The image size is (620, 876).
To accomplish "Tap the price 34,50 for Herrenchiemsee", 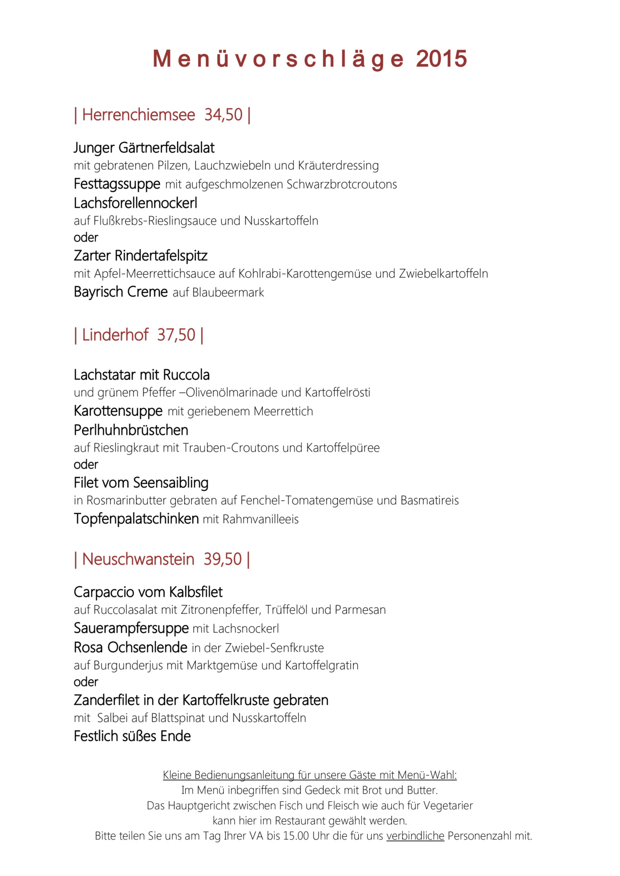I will click(x=223, y=115).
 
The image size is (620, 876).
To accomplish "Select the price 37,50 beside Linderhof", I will click(x=176, y=335).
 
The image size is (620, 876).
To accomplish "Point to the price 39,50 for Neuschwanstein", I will click(x=223, y=559).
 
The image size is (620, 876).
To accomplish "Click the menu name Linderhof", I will click(x=115, y=335).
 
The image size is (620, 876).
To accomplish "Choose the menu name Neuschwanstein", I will click(x=138, y=559).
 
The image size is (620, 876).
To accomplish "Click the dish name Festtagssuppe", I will click(x=117, y=184).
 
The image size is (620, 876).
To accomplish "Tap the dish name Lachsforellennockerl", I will click(x=135, y=203).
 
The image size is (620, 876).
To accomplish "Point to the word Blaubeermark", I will click(x=228, y=293).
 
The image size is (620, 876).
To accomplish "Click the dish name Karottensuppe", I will click(x=118, y=411).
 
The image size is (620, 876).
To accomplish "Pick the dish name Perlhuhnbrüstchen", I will click(x=131, y=430).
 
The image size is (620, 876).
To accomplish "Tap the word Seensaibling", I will click(x=170, y=483).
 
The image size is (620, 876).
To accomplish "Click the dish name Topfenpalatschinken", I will click(x=136, y=519).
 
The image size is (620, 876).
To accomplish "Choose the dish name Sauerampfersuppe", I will click(x=131, y=628).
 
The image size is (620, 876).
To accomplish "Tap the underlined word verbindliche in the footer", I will click(x=415, y=836).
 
